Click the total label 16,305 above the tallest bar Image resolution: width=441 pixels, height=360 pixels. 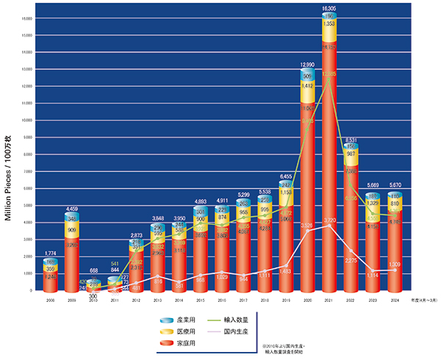pyautogui.click(x=329, y=9)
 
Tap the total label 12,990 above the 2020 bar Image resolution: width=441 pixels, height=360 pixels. pyautogui.click(x=308, y=65)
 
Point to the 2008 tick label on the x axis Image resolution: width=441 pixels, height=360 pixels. pyautogui.click(x=50, y=300)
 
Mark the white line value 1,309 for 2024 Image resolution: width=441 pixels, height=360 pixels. pyautogui.click(x=395, y=263)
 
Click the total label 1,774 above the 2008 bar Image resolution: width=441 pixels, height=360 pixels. pyautogui.click(x=50, y=253)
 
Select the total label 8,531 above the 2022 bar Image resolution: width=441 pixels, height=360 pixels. pyautogui.click(x=351, y=140)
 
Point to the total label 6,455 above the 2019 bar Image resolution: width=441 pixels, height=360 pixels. pyautogui.click(x=287, y=176)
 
